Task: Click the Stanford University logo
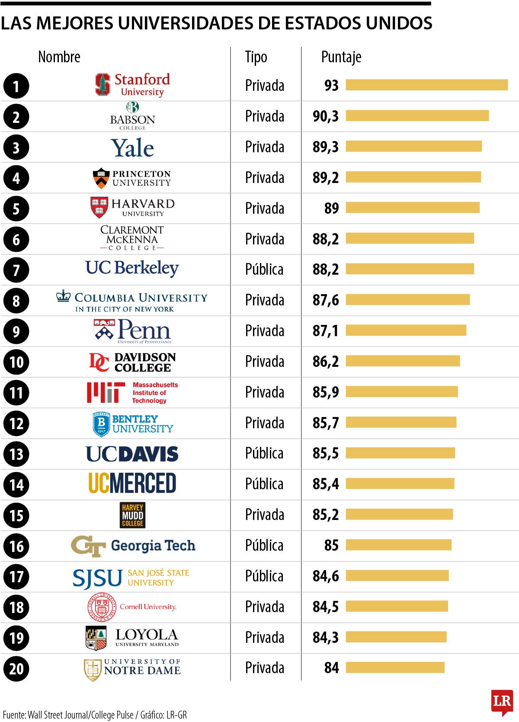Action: point(132,84)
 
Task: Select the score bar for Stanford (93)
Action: point(426,85)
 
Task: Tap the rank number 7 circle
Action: point(16,270)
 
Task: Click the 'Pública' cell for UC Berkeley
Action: point(264,270)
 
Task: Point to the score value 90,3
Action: point(326,116)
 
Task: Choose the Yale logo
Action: point(132,148)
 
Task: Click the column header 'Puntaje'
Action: point(341,57)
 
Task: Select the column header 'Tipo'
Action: point(256,57)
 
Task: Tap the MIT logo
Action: point(132,392)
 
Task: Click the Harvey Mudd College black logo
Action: point(132,515)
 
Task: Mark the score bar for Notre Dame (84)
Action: point(395,667)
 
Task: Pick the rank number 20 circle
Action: point(16,669)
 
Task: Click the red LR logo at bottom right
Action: point(502,702)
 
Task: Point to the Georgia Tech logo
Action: point(133,546)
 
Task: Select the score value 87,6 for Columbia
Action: point(326,300)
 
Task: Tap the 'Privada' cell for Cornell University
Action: point(264,607)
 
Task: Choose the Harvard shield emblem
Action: point(99,208)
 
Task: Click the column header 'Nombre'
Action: point(59,57)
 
